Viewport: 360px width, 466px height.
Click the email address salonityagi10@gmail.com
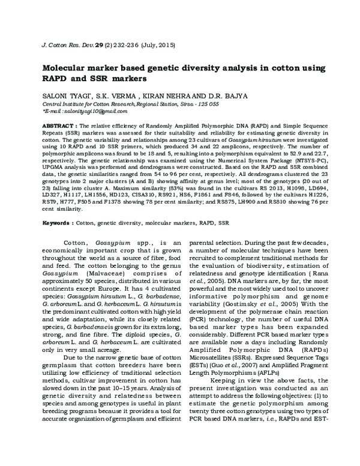pyautogui.click(x=83, y=112)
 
